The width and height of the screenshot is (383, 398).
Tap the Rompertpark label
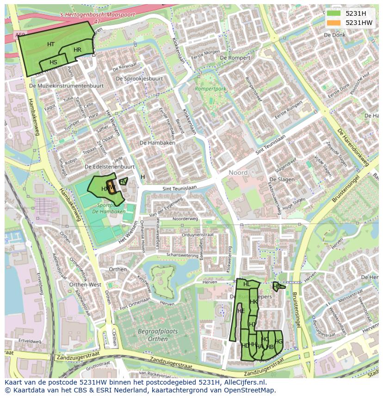pyautogui.click(x=210, y=88)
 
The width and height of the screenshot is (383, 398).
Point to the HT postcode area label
pyautogui.click(x=51, y=44)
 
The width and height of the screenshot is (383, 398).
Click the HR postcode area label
pyautogui.click(x=77, y=50)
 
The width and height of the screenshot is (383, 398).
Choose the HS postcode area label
pyautogui.click(x=53, y=62)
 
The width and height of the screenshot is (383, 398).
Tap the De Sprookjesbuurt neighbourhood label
pyautogui.click(x=139, y=79)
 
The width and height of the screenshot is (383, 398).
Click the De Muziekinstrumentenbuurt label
pyautogui.click(x=66, y=86)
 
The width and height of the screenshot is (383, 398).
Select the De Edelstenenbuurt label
pyautogui.click(x=110, y=166)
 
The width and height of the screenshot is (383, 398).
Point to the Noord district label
pyautogui.click(x=238, y=172)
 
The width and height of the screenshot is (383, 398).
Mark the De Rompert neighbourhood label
pyautogui.click(x=235, y=58)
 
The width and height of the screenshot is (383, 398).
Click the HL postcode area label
pyautogui.click(x=247, y=284)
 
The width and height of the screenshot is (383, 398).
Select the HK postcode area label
pyautogui.click(x=253, y=302)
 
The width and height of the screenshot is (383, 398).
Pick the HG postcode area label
pyautogui.click(x=278, y=342)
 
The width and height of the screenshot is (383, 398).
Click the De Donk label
pyautogui.click(x=334, y=35)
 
